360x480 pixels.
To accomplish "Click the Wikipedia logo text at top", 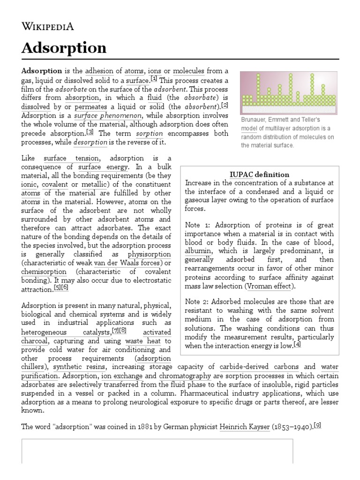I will pos(47,26).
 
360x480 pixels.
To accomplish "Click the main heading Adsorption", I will pos(64,48).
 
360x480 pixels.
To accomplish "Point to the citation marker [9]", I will pos(317,426).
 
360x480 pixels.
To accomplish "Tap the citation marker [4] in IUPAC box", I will pos(297,345).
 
